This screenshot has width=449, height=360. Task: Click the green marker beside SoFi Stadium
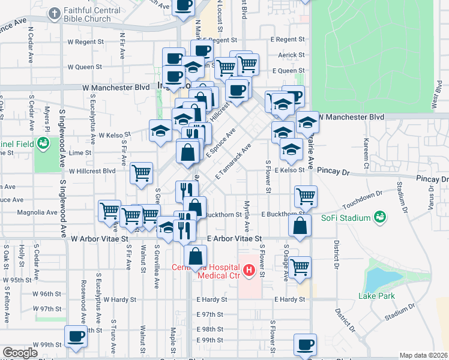pos(379,216)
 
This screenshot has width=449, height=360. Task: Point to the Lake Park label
pos(375,296)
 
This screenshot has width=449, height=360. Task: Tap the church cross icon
pos(55,13)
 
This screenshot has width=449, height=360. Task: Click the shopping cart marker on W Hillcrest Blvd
pos(142,173)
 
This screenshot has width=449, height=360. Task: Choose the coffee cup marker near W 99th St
pos(76,337)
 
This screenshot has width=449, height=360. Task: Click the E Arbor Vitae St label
pos(235,239)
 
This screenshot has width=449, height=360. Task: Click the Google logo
pos(20,353)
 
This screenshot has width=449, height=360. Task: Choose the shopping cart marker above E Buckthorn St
pos(306,196)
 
